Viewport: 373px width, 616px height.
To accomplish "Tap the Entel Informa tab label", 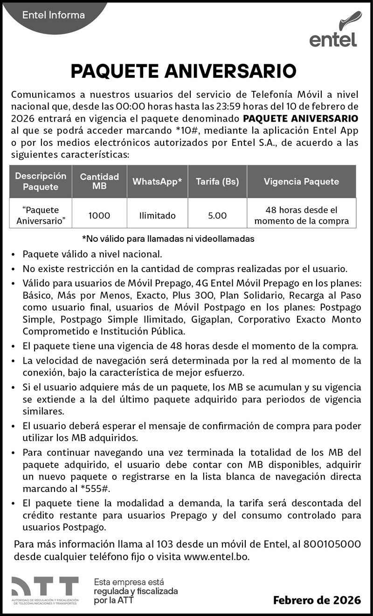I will point(54,15).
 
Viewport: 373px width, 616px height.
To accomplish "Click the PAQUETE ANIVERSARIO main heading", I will point(183,71).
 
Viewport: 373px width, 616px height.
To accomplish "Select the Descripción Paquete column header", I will point(41,182).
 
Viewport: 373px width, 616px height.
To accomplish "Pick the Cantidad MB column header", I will point(99,182).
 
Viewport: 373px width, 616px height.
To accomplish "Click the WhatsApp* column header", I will point(157,182).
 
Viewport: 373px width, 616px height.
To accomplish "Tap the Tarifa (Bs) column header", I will point(217,182).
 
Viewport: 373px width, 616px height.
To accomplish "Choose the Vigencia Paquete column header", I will point(301,182).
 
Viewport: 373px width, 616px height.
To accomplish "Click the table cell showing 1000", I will point(99,215).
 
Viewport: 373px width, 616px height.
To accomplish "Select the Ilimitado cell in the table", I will point(157,215).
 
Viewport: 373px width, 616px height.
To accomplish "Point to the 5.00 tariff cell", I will point(217,215).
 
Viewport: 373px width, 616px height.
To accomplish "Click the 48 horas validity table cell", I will point(301,215).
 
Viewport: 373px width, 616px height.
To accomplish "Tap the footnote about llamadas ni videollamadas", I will point(168,239).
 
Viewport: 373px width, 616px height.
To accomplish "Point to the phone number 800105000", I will point(332,544).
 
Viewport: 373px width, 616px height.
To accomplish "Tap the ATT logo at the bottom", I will point(45,590).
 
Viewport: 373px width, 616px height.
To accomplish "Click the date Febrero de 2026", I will point(317,600).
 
